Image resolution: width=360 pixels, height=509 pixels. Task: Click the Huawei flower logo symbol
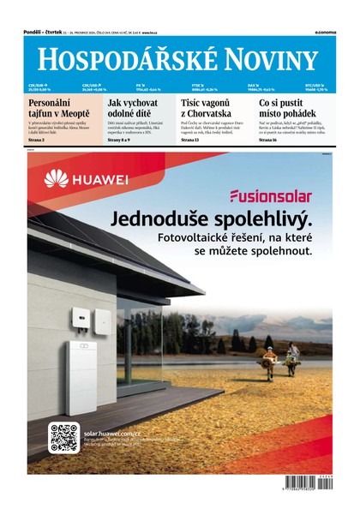click(57, 179)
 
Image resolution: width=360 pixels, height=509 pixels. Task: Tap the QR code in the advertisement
click(63, 437)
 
